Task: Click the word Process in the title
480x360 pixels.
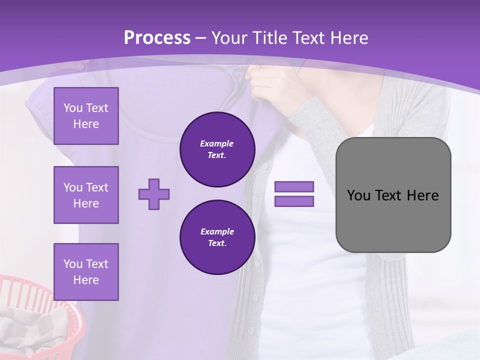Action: tap(157, 38)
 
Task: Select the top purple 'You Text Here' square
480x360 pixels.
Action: tap(86, 116)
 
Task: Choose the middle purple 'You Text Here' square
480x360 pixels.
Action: tap(86, 195)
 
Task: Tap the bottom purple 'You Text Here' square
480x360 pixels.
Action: tap(86, 272)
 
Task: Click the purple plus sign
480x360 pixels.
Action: tap(154, 194)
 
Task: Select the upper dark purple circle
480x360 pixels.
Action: tap(217, 149)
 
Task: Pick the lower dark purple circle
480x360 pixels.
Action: tap(217, 237)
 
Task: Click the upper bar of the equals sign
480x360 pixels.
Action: tap(294, 186)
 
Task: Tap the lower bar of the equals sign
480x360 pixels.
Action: tap(294, 201)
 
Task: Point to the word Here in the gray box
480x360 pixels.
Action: tap(422, 195)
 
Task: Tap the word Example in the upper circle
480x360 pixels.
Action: tap(217, 143)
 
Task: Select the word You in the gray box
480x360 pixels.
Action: tap(358, 195)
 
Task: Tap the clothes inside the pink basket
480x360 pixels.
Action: tap(30, 330)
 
